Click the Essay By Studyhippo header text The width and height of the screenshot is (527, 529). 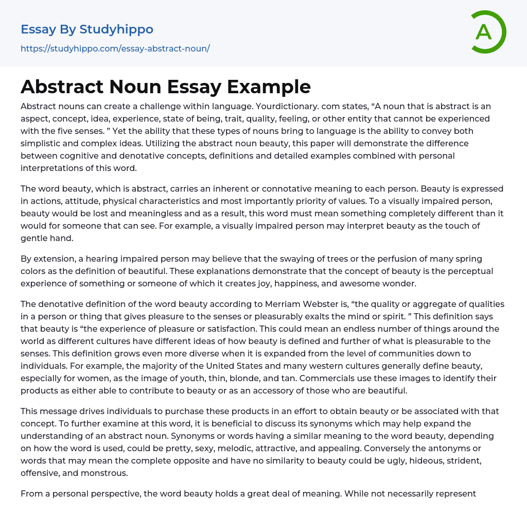click(87, 29)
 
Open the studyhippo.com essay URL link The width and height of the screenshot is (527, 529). click(115, 48)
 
